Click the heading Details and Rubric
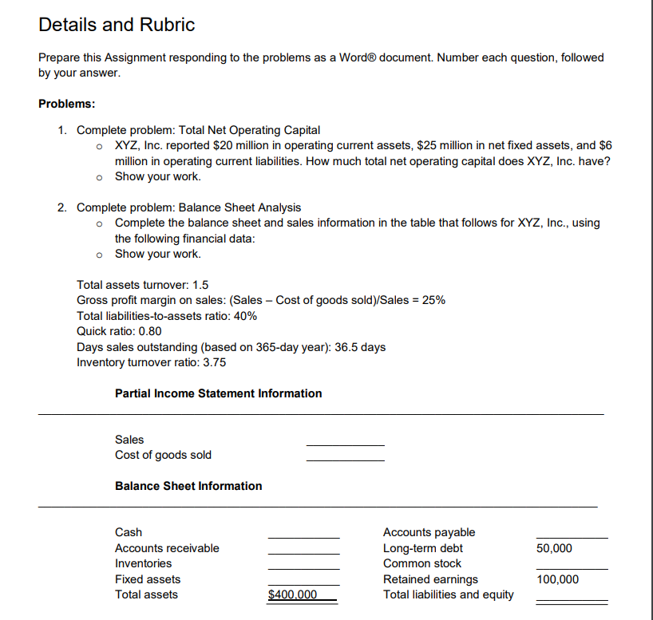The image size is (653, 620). (x=117, y=25)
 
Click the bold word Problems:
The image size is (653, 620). (x=67, y=104)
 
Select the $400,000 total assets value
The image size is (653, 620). (x=292, y=594)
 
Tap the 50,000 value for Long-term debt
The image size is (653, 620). (x=554, y=548)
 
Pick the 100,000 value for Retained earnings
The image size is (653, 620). (x=558, y=579)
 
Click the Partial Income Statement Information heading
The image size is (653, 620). (x=218, y=393)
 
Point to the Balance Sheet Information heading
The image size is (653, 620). (x=188, y=486)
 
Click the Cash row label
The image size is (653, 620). (x=129, y=532)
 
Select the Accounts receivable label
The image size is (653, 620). (x=167, y=548)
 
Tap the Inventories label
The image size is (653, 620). (x=143, y=563)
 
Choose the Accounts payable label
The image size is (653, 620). (x=429, y=532)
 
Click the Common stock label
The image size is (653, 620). (x=422, y=563)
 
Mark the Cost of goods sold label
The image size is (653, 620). (x=163, y=455)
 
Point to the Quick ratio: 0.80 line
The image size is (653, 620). (x=119, y=331)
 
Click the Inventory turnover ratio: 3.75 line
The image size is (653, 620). (x=151, y=362)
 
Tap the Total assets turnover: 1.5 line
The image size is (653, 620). (x=143, y=285)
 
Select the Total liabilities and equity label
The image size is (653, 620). (x=449, y=594)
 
